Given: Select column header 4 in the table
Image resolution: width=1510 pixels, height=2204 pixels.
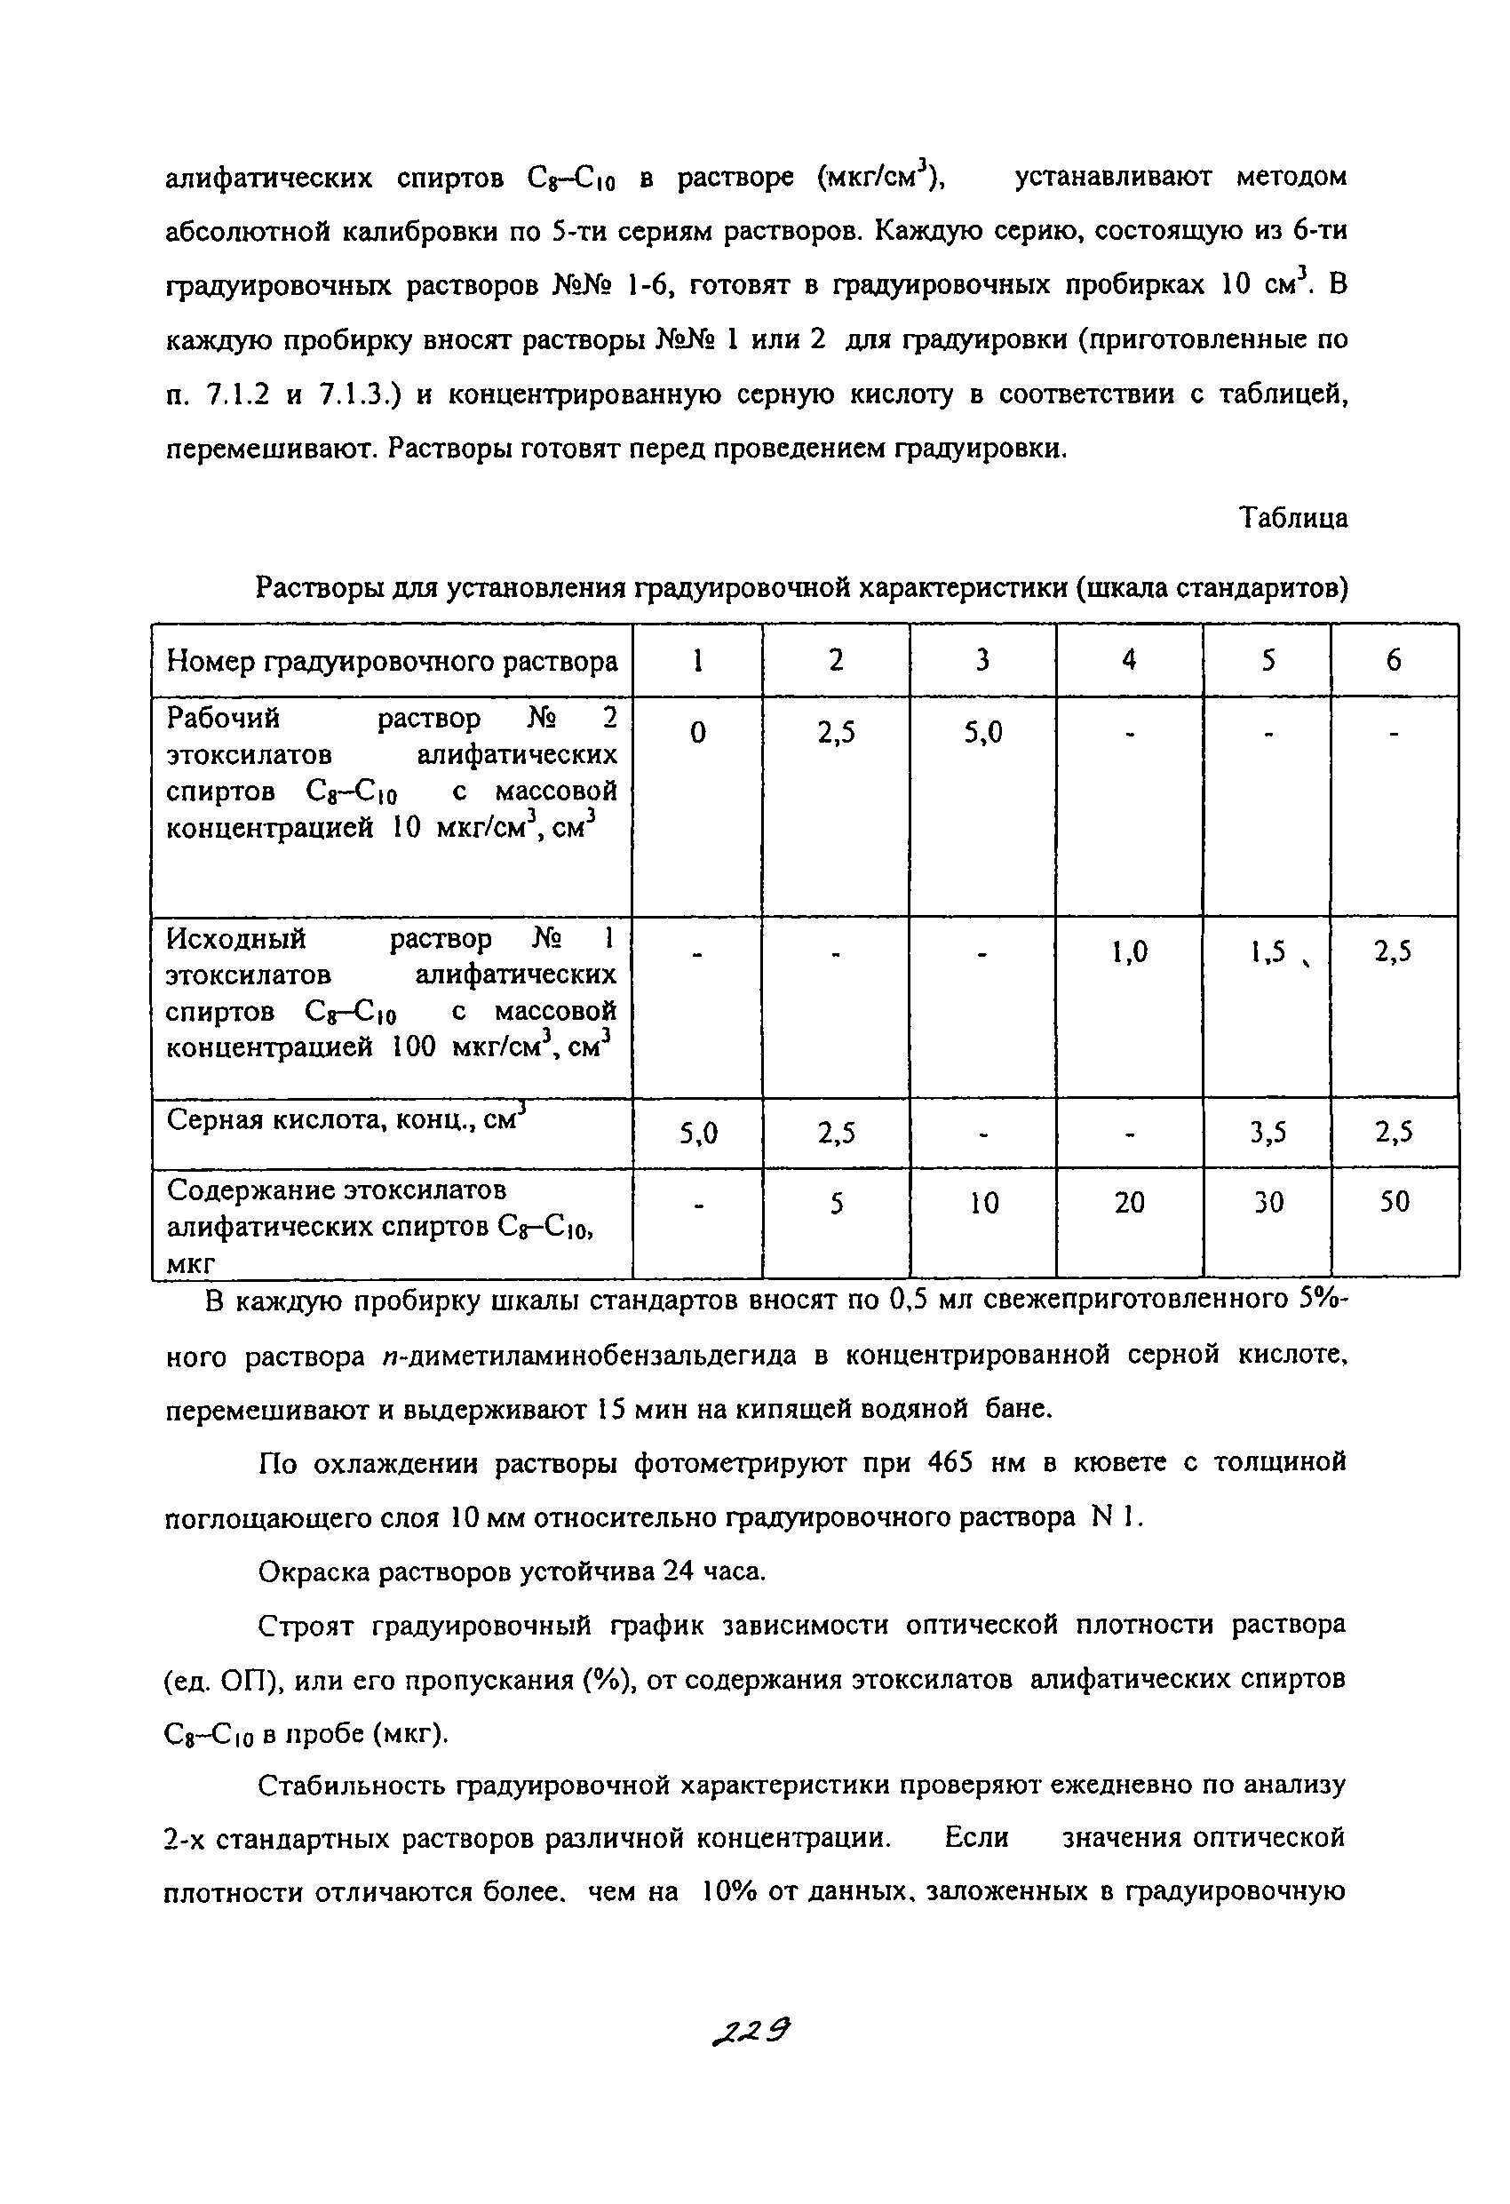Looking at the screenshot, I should [1129, 660].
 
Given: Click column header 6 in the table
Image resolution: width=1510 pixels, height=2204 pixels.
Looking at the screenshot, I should [1394, 660].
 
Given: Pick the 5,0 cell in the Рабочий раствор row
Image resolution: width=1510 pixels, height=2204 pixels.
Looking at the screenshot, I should [982, 732].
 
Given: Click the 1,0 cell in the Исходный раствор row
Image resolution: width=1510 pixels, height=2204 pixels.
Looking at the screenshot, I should [1129, 951].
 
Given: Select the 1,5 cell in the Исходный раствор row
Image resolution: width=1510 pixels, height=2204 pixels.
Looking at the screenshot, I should [1268, 951].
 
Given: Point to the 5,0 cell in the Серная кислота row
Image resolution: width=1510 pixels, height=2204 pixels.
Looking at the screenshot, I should [698, 1133].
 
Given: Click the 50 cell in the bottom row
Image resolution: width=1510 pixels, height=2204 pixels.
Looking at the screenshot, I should [1394, 1203].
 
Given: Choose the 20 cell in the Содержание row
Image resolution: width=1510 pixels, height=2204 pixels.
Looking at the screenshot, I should [1129, 1203].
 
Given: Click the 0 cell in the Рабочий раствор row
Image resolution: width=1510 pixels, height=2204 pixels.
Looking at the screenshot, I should [698, 732].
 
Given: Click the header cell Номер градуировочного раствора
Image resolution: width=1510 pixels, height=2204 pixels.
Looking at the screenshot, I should [392, 661].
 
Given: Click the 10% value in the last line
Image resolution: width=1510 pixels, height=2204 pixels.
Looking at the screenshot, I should [727, 1892].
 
